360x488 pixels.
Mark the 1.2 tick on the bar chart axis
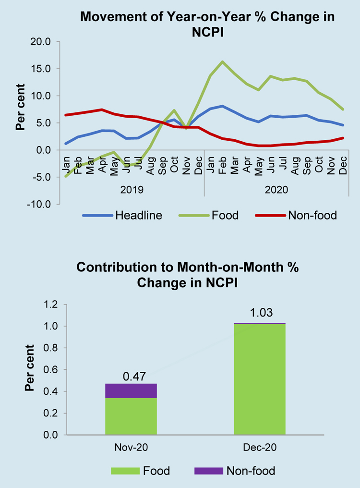tap(50, 305)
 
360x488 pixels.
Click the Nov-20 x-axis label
tap(131, 448)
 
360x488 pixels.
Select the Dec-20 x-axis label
tap(260, 448)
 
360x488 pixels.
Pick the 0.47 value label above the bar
tap(131, 375)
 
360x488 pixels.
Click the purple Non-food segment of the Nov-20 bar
tap(131, 390)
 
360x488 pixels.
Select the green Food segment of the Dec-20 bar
tap(260, 379)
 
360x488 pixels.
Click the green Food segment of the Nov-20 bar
tap(131, 416)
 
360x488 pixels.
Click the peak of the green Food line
tap(223, 61)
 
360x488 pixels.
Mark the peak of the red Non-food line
tap(102, 110)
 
